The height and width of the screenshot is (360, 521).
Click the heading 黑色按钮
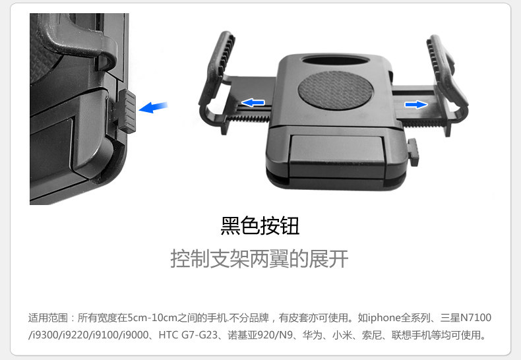pos(260,226)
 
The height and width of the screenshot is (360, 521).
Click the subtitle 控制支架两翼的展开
pos(259,258)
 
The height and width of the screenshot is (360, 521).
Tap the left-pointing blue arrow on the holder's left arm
pos(253,103)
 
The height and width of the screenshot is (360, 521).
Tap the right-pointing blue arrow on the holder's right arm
pos(416,105)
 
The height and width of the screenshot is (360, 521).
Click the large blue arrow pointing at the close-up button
pos(153,107)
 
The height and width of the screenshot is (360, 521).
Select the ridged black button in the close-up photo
pos(127,111)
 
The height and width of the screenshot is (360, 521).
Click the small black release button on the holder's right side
pos(413,152)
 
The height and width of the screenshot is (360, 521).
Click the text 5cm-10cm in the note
pos(152,318)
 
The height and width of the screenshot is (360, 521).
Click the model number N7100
pos(475,318)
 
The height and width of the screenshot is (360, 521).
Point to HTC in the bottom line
pos(168,335)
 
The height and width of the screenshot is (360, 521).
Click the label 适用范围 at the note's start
pos(48,318)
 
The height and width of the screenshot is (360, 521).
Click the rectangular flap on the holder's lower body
pos(337,156)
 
